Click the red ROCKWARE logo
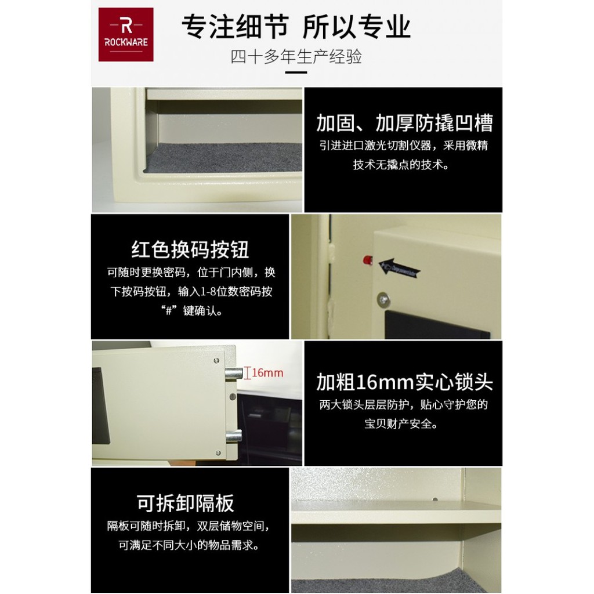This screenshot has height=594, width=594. point(125,34)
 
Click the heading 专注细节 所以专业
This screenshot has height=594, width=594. point(296,27)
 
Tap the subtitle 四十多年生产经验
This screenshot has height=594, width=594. point(296,57)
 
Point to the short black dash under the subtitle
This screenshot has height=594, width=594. point(297,73)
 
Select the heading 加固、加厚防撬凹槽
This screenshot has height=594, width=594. point(404,123)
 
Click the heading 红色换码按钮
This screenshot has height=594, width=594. point(190,249)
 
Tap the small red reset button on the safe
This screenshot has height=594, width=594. point(366,258)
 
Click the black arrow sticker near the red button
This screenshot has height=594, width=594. point(399,268)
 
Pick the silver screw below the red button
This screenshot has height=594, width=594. point(382,300)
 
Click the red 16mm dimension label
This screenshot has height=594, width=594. point(267,372)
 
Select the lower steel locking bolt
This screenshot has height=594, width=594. point(234,436)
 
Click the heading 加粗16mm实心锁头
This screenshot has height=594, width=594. point(404,382)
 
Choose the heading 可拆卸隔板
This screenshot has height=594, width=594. point(186,503)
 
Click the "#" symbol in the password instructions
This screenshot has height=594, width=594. point(171,311)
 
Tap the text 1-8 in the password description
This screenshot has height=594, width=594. point(202,292)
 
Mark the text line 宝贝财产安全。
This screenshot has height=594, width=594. point(401,424)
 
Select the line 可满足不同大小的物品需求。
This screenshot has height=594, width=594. point(189,545)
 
